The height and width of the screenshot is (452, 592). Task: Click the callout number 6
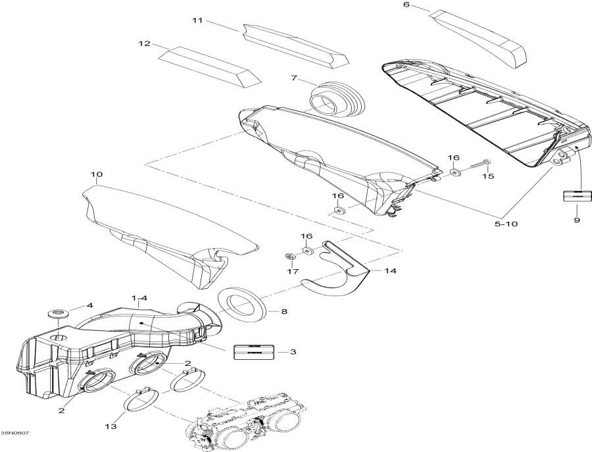point(406,5)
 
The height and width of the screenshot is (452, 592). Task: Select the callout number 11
point(197,20)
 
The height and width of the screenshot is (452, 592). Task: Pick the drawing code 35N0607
point(14,432)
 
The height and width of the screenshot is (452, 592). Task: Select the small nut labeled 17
point(288,255)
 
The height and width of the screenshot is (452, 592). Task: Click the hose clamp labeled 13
point(141,399)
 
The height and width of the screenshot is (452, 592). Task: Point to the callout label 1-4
point(139,298)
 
